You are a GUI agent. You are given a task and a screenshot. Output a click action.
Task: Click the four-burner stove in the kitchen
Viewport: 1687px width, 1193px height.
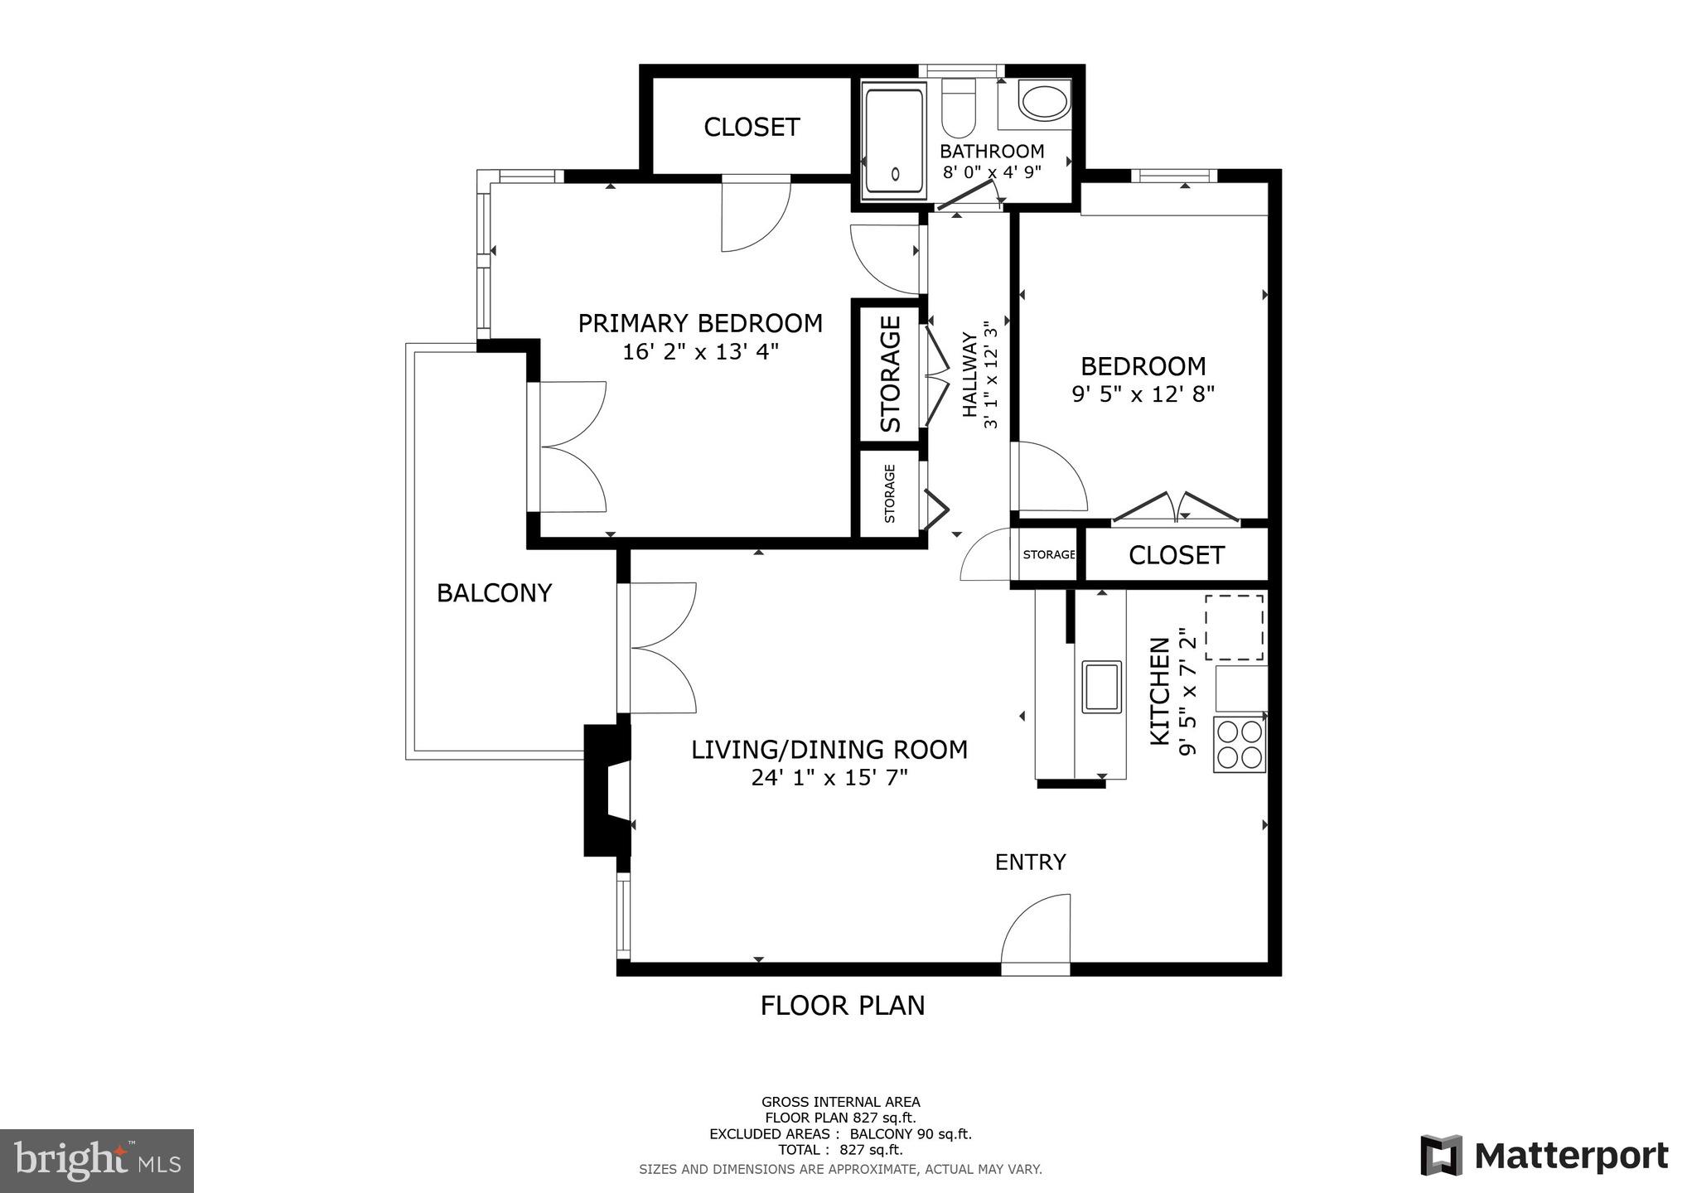tap(1240, 745)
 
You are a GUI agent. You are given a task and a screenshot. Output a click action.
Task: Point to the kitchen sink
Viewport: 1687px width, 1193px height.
tap(1101, 687)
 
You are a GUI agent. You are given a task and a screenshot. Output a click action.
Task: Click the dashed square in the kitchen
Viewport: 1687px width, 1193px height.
tap(1235, 627)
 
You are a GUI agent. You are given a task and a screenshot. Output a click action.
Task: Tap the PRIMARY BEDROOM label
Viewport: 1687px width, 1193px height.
tap(700, 323)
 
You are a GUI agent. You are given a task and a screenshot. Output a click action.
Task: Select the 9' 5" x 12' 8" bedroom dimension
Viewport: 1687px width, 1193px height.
tap(1143, 394)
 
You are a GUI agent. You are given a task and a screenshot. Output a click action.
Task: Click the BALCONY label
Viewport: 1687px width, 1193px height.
tap(494, 593)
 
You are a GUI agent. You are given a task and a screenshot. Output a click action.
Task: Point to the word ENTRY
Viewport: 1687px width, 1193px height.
tap(1030, 862)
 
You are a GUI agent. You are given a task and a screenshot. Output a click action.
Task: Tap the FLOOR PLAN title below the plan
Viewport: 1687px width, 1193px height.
tap(843, 1006)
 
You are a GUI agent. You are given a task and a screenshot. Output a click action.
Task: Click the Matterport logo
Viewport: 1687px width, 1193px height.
tap(1544, 1156)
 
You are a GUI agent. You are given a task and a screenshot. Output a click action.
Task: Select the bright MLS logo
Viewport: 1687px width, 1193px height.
tap(97, 1160)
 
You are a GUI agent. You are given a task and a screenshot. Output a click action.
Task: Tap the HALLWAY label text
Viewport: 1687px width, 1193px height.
tap(969, 374)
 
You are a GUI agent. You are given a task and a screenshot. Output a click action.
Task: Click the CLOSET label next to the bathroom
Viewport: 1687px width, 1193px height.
tap(752, 128)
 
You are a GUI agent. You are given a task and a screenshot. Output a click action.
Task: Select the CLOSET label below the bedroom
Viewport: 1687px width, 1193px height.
tap(1176, 555)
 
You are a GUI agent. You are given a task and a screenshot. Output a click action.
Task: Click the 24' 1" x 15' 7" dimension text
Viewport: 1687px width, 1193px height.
tap(829, 778)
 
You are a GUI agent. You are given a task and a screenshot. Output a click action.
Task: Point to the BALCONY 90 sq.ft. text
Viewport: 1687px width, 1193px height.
tap(911, 1134)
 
